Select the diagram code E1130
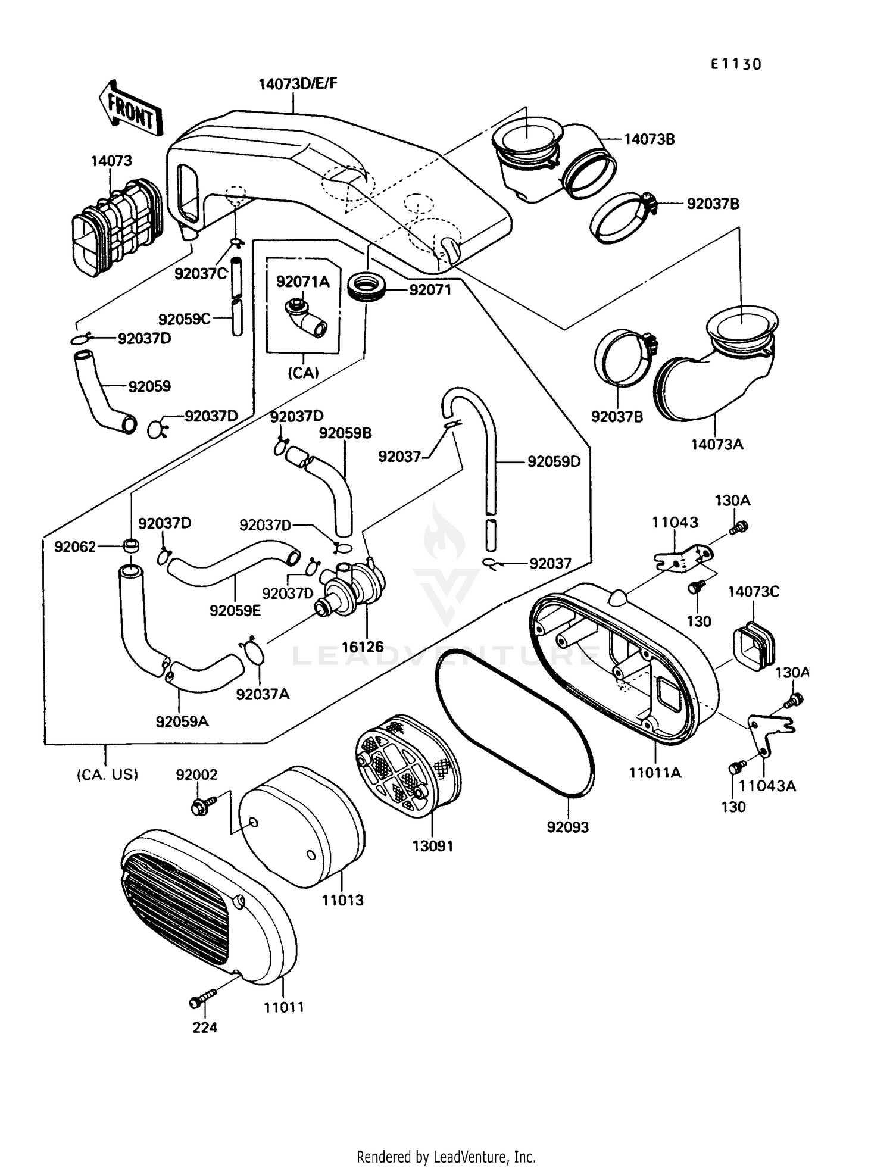[x=736, y=64]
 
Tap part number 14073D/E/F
[x=298, y=83]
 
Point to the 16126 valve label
[x=363, y=647]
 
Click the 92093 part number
[x=568, y=827]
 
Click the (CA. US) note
[x=107, y=774]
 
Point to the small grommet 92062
[x=132, y=545]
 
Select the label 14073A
[x=717, y=444]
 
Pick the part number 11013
[x=343, y=900]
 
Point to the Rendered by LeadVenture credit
[x=446, y=1157]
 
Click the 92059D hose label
[x=554, y=461]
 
